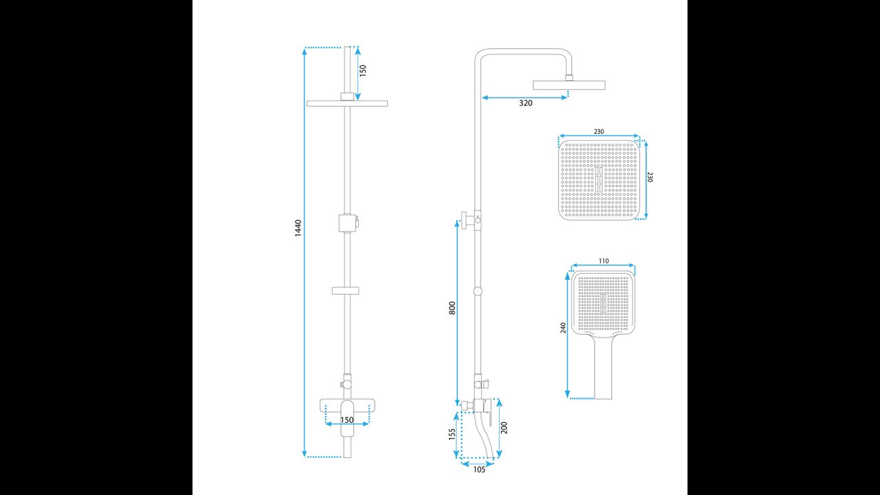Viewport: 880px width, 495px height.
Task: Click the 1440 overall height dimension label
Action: (x=298, y=228)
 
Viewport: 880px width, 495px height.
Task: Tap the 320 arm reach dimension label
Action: (x=526, y=103)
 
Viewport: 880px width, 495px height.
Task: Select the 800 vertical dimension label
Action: (x=452, y=307)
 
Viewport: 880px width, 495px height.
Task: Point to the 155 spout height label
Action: (x=452, y=434)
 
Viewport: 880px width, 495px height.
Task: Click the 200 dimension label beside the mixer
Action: (x=505, y=428)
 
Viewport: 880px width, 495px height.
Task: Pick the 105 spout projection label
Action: (x=479, y=470)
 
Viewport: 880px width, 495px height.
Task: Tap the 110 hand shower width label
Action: (x=604, y=261)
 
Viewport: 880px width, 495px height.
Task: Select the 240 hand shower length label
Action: (x=563, y=328)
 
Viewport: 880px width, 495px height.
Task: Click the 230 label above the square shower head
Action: (x=599, y=131)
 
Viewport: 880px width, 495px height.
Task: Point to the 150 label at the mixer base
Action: (x=347, y=420)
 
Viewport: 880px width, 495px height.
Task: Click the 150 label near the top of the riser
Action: (x=362, y=70)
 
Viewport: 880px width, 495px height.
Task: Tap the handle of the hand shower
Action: (x=603, y=367)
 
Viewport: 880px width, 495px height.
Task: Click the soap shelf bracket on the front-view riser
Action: (x=345, y=291)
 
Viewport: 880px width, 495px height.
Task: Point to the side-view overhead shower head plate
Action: (x=569, y=85)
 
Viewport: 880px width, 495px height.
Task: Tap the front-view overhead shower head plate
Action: (x=347, y=103)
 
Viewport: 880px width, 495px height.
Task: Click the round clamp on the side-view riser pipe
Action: (x=478, y=291)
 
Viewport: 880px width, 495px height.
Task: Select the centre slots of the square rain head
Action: (x=599, y=179)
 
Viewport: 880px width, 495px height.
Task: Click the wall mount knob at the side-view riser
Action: (x=463, y=220)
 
